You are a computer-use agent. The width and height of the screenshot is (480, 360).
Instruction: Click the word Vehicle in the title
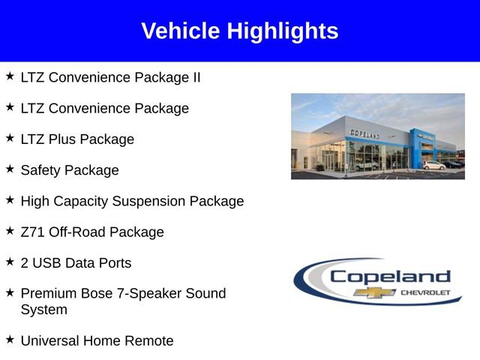[x=181, y=31]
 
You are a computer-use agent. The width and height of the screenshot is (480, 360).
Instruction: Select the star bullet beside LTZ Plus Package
[x=10, y=138]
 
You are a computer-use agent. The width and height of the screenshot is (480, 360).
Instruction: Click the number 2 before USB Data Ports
[x=25, y=262]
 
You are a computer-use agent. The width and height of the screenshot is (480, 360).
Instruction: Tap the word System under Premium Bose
[x=43, y=309]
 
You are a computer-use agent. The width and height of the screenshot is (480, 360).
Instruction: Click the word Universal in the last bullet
[x=49, y=340]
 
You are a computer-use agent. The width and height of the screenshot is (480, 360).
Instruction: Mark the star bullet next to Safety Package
[x=10, y=169]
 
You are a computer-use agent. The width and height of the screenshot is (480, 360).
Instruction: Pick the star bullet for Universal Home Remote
[x=10, y=340]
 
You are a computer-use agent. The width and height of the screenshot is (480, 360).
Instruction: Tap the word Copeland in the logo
[x=390, y=277]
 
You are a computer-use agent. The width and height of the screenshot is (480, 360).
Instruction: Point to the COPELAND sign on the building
[x=364, y=133]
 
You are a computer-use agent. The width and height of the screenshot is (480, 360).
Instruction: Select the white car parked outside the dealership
[x=433, y=165]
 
